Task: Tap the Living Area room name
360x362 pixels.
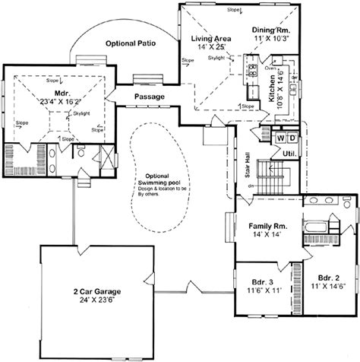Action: (x=197, y=37)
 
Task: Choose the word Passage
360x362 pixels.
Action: (x=150, y=97)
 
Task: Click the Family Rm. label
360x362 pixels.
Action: (x=266, y=227)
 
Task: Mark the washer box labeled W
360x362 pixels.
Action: (x=279, y=138)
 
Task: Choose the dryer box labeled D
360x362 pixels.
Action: (x=292, y=138)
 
